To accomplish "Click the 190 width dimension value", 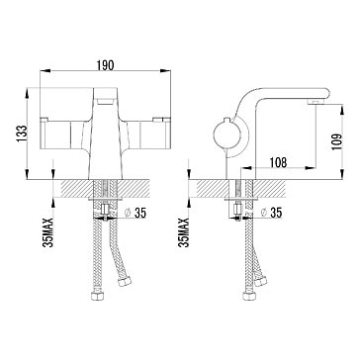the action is pos(105,65).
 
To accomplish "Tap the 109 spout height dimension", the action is pos(337,141).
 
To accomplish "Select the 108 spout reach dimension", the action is pos(278,162).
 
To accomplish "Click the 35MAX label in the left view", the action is pos(48,232).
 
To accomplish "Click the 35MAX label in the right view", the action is pos(184,232).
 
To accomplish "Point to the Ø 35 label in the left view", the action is pos(135,214).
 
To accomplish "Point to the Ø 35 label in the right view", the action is pos(271,214).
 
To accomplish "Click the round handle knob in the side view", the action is pos(226,135).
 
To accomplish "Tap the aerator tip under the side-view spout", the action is pos(316,102).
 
